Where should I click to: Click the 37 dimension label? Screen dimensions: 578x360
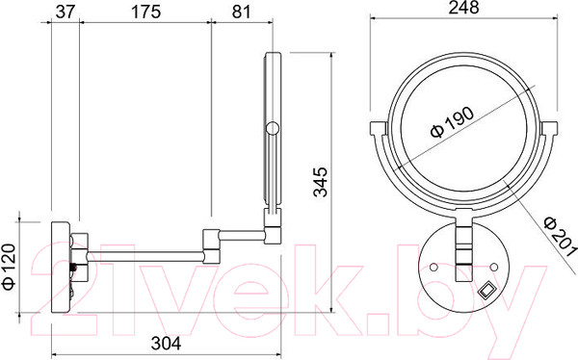tap(65, 12)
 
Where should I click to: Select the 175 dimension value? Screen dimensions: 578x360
tap(146, 12)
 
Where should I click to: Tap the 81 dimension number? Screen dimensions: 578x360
tap(242, 12)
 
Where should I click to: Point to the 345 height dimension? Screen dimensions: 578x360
tap(320, 182)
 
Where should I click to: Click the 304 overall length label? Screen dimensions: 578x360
tap(166, 344)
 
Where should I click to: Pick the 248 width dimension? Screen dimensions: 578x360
tap(463, 8)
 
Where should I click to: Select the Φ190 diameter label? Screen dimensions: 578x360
tap(453, 122)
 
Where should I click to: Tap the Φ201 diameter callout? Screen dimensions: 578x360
tap(560, 237)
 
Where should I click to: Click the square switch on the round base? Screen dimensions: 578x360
tap(486, 290)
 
